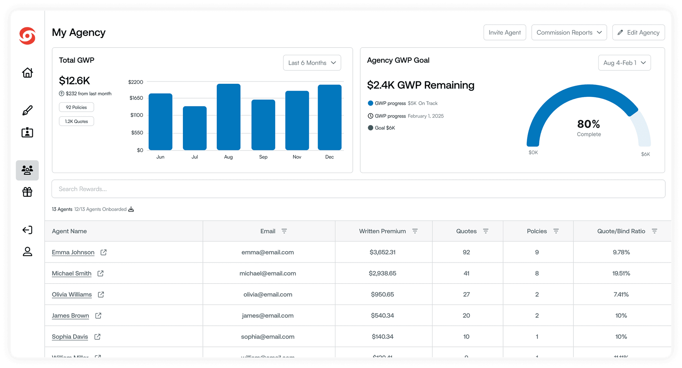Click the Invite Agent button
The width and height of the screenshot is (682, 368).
tap(504, 33)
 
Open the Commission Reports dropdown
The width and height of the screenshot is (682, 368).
tap(569, 33)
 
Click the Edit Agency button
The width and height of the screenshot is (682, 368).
tap(638, 33)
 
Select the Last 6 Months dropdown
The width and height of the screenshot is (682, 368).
tap(312, 63)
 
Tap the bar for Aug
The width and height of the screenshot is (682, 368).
tap(228, 117)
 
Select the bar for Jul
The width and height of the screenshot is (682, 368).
tap(195, 128)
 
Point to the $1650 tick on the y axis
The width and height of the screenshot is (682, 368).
tap(136, 98)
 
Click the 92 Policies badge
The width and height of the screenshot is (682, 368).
tap(76, 107)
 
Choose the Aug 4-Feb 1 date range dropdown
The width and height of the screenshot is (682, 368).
tap(624, 63)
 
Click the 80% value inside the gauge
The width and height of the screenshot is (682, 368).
tap(588, 124)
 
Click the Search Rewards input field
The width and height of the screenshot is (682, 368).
tap(358, 189)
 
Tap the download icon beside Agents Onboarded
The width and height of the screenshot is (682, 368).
tap(131, 209)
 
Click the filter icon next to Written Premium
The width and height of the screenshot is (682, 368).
tap(415, 231)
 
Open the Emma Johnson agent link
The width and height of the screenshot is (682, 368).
tap(73, 252)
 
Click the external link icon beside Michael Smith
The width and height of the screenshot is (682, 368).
tap(101, 274)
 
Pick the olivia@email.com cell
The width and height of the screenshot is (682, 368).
tap(268, 294)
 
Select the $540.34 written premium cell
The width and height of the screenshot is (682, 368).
tap(382, 315)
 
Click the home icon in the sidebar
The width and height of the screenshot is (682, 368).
tap(27, 73)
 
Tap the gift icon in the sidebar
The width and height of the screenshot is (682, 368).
tap(27, 192)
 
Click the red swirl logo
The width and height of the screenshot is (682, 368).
tap(27, 36)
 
